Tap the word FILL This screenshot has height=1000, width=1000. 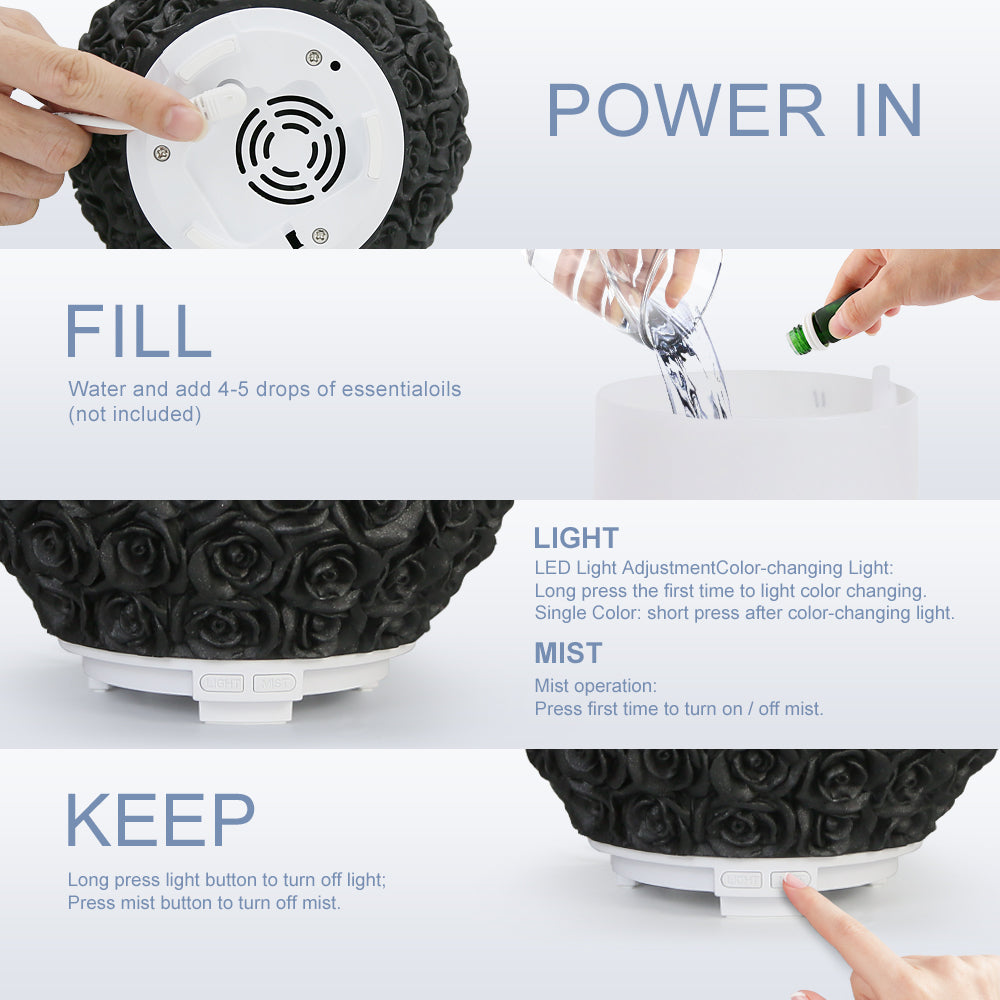tap(138, 331)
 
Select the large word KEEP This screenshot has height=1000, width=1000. tap(160, 820)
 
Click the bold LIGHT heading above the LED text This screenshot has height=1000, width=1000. tap(576, 538)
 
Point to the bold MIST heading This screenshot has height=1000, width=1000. tap(568, 653)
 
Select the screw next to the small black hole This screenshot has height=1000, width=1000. tap(314, 58)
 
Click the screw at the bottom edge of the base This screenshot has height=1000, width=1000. tap(320, 235)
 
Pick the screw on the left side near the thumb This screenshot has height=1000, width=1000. tap(162, 153)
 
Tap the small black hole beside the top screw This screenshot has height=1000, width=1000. tap(335, 66)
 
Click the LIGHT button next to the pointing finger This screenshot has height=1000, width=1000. tap(742, 880)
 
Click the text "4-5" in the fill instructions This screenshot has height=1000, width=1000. tap(233, 389)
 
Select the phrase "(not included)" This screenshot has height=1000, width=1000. tap(135, 415)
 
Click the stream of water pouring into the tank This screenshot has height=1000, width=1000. tap(692, 376)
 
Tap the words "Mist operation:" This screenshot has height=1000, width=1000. tap(596, 686)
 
